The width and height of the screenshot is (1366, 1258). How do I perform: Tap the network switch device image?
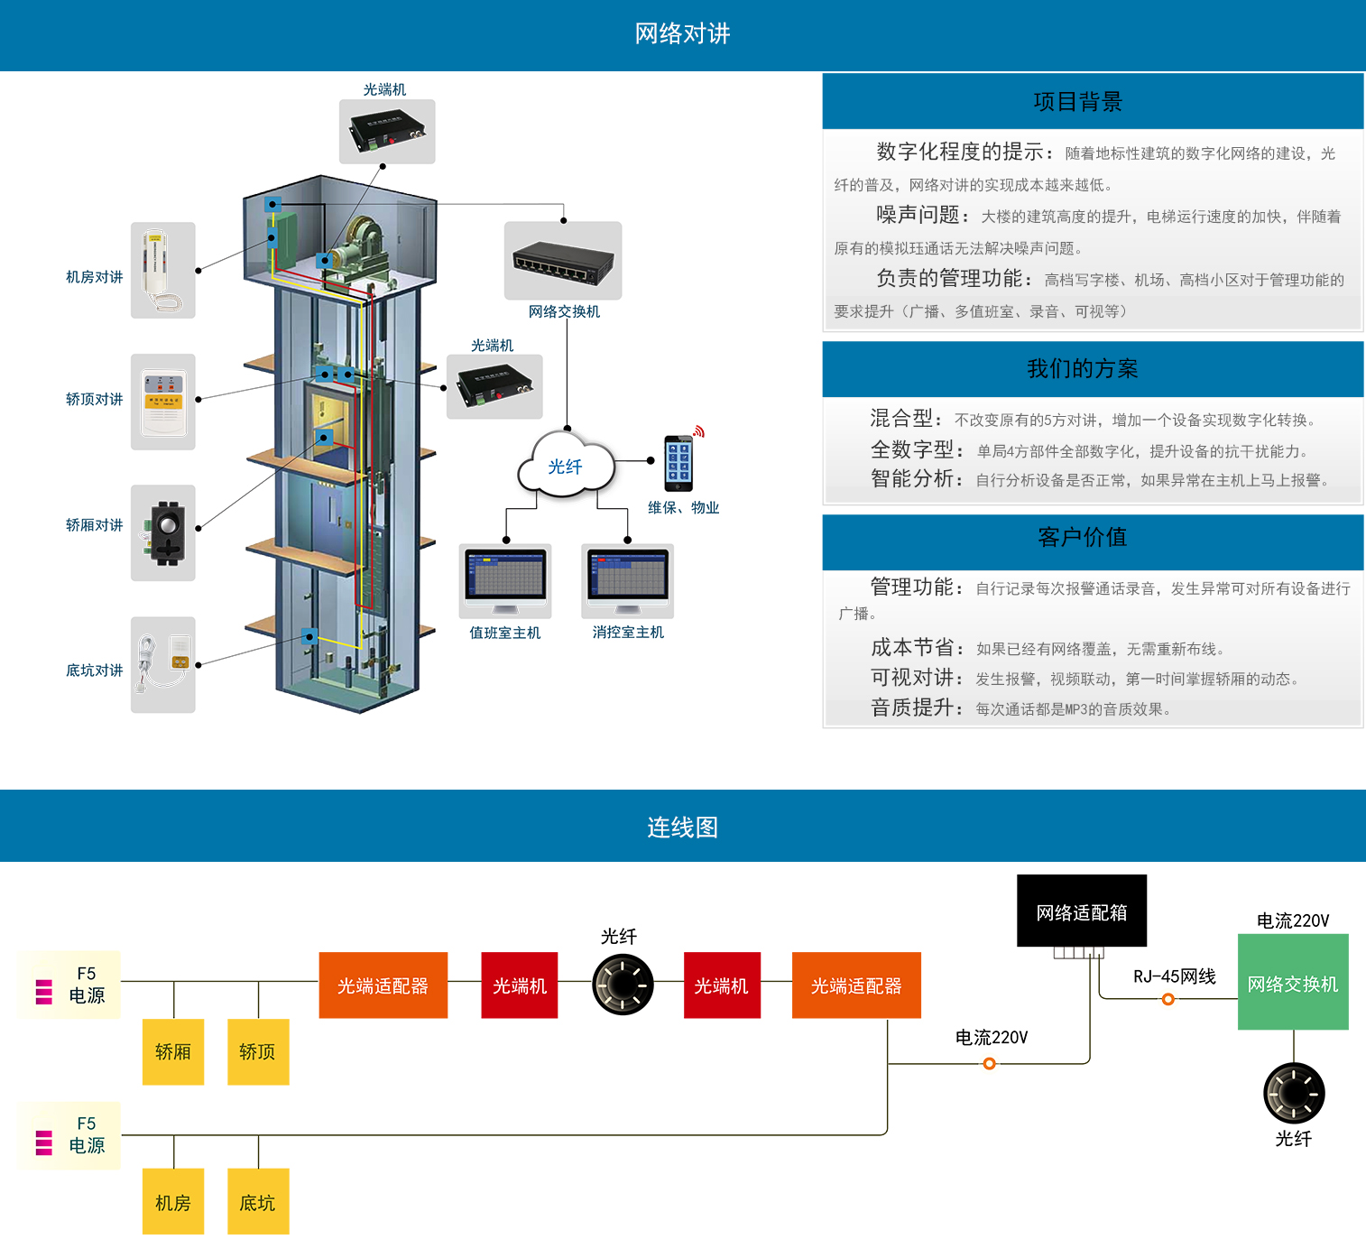point(563,261)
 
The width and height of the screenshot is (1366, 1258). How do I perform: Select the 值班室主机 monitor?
point(505,579)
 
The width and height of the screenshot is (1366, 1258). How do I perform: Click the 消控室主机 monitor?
point(628,579)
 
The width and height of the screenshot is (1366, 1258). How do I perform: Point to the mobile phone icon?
point(678,463)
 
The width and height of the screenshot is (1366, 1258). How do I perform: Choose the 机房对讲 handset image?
point(163,270)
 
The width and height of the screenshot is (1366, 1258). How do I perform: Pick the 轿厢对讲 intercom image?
point(163,532)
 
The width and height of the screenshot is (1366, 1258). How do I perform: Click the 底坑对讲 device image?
point(163,664)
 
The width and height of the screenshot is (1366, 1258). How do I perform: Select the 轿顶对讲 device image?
point(163,402)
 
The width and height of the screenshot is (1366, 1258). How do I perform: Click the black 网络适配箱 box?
point(1082,911)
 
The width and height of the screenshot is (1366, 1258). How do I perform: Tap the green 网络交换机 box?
point(1293,982)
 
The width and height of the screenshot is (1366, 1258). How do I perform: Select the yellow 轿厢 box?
point(173,1051)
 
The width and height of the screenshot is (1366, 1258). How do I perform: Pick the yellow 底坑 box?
point(258,1201)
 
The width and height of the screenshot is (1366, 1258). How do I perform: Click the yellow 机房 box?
point(173,1201)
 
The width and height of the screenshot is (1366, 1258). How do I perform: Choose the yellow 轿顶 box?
point(258,1051)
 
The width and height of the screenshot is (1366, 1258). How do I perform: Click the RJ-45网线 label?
point(1174,976)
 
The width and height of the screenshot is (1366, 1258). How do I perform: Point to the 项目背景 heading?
point(1077,102)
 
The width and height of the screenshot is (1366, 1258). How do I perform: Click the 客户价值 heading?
point(1082,538)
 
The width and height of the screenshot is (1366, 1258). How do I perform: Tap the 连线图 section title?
point(682,828)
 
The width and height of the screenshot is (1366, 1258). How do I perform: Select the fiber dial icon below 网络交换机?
point(1294,1093)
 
